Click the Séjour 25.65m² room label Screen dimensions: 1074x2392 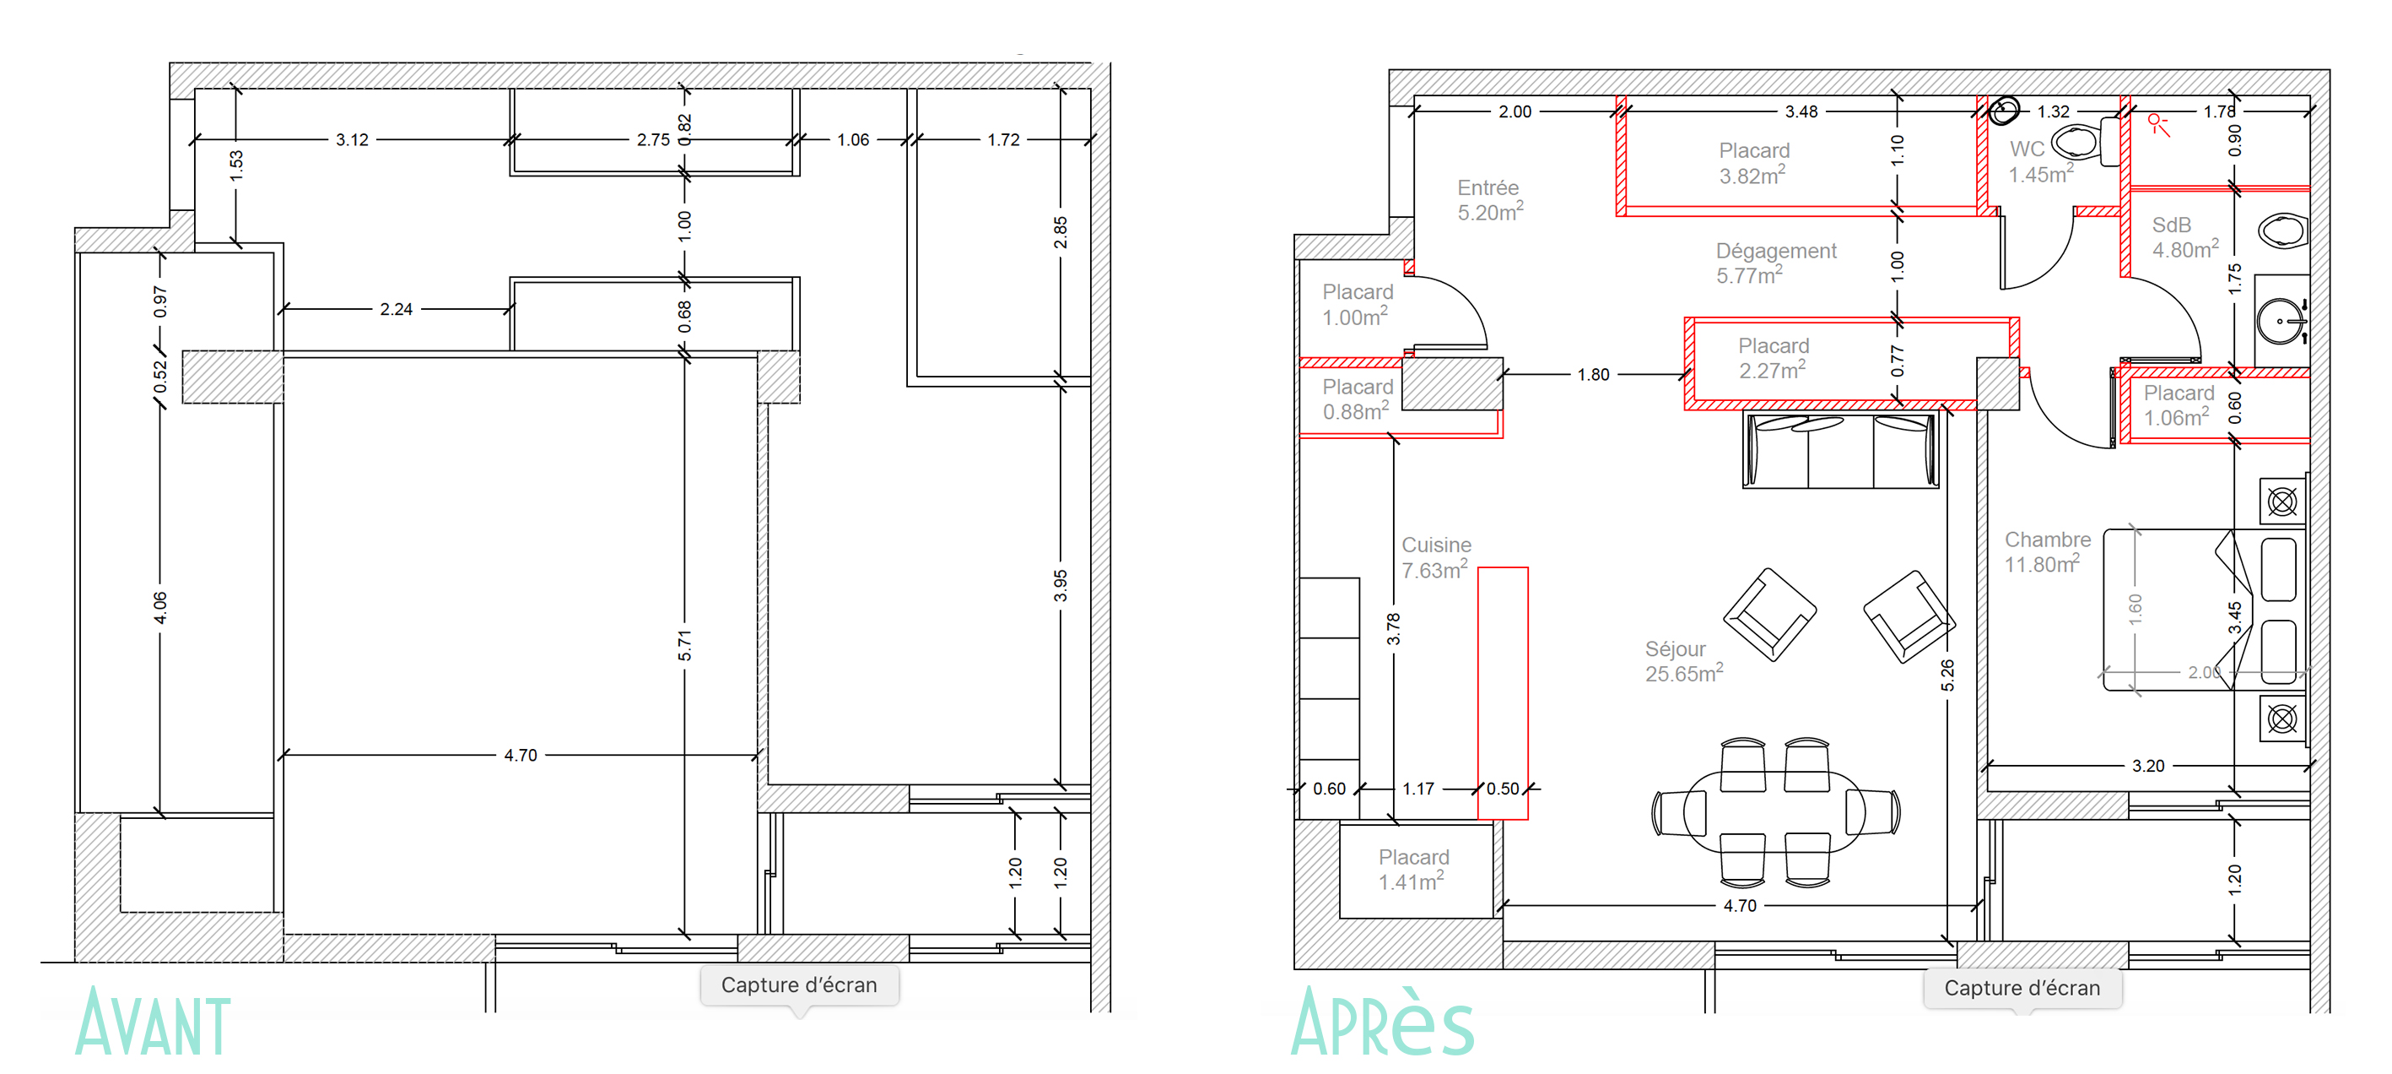pyautogui.click(x=1682, y=661)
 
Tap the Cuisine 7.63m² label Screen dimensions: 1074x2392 pyautogui.click(x=1435, y=557)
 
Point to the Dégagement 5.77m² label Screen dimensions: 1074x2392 pyautogui.click(x=1774, y=263)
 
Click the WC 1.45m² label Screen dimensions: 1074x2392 pyautogui.click(x=2039, y=161)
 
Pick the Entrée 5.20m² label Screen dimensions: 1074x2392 pyautogui.click(x=1488, y=200)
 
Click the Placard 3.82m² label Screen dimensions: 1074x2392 pyautogui.click(x=1753, y=163)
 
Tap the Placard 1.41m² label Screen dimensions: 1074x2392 pyautogui.click(x=1412, y=870)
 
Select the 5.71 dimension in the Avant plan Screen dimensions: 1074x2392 pyautogui.click(x=684, y=645)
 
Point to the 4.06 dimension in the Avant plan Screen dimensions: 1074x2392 pyautogui.click(x=159, y=607)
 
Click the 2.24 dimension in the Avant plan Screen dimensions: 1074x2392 pyautogui.click(x=396, y=309)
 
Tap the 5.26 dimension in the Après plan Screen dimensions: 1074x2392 pyautogui.click(x=1947, y=675)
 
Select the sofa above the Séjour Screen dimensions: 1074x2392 pyautogui.click(x=1839, y=451)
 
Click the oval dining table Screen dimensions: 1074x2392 pyautogui.click(x=1774, y=812)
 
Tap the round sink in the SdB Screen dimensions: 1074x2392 pyautogui.click(x=2280, y=321)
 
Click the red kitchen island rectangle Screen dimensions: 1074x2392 pyautogui.click(x=1503, y=692)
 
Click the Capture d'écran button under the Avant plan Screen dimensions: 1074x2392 pyautogui.click(x=798, y=984)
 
